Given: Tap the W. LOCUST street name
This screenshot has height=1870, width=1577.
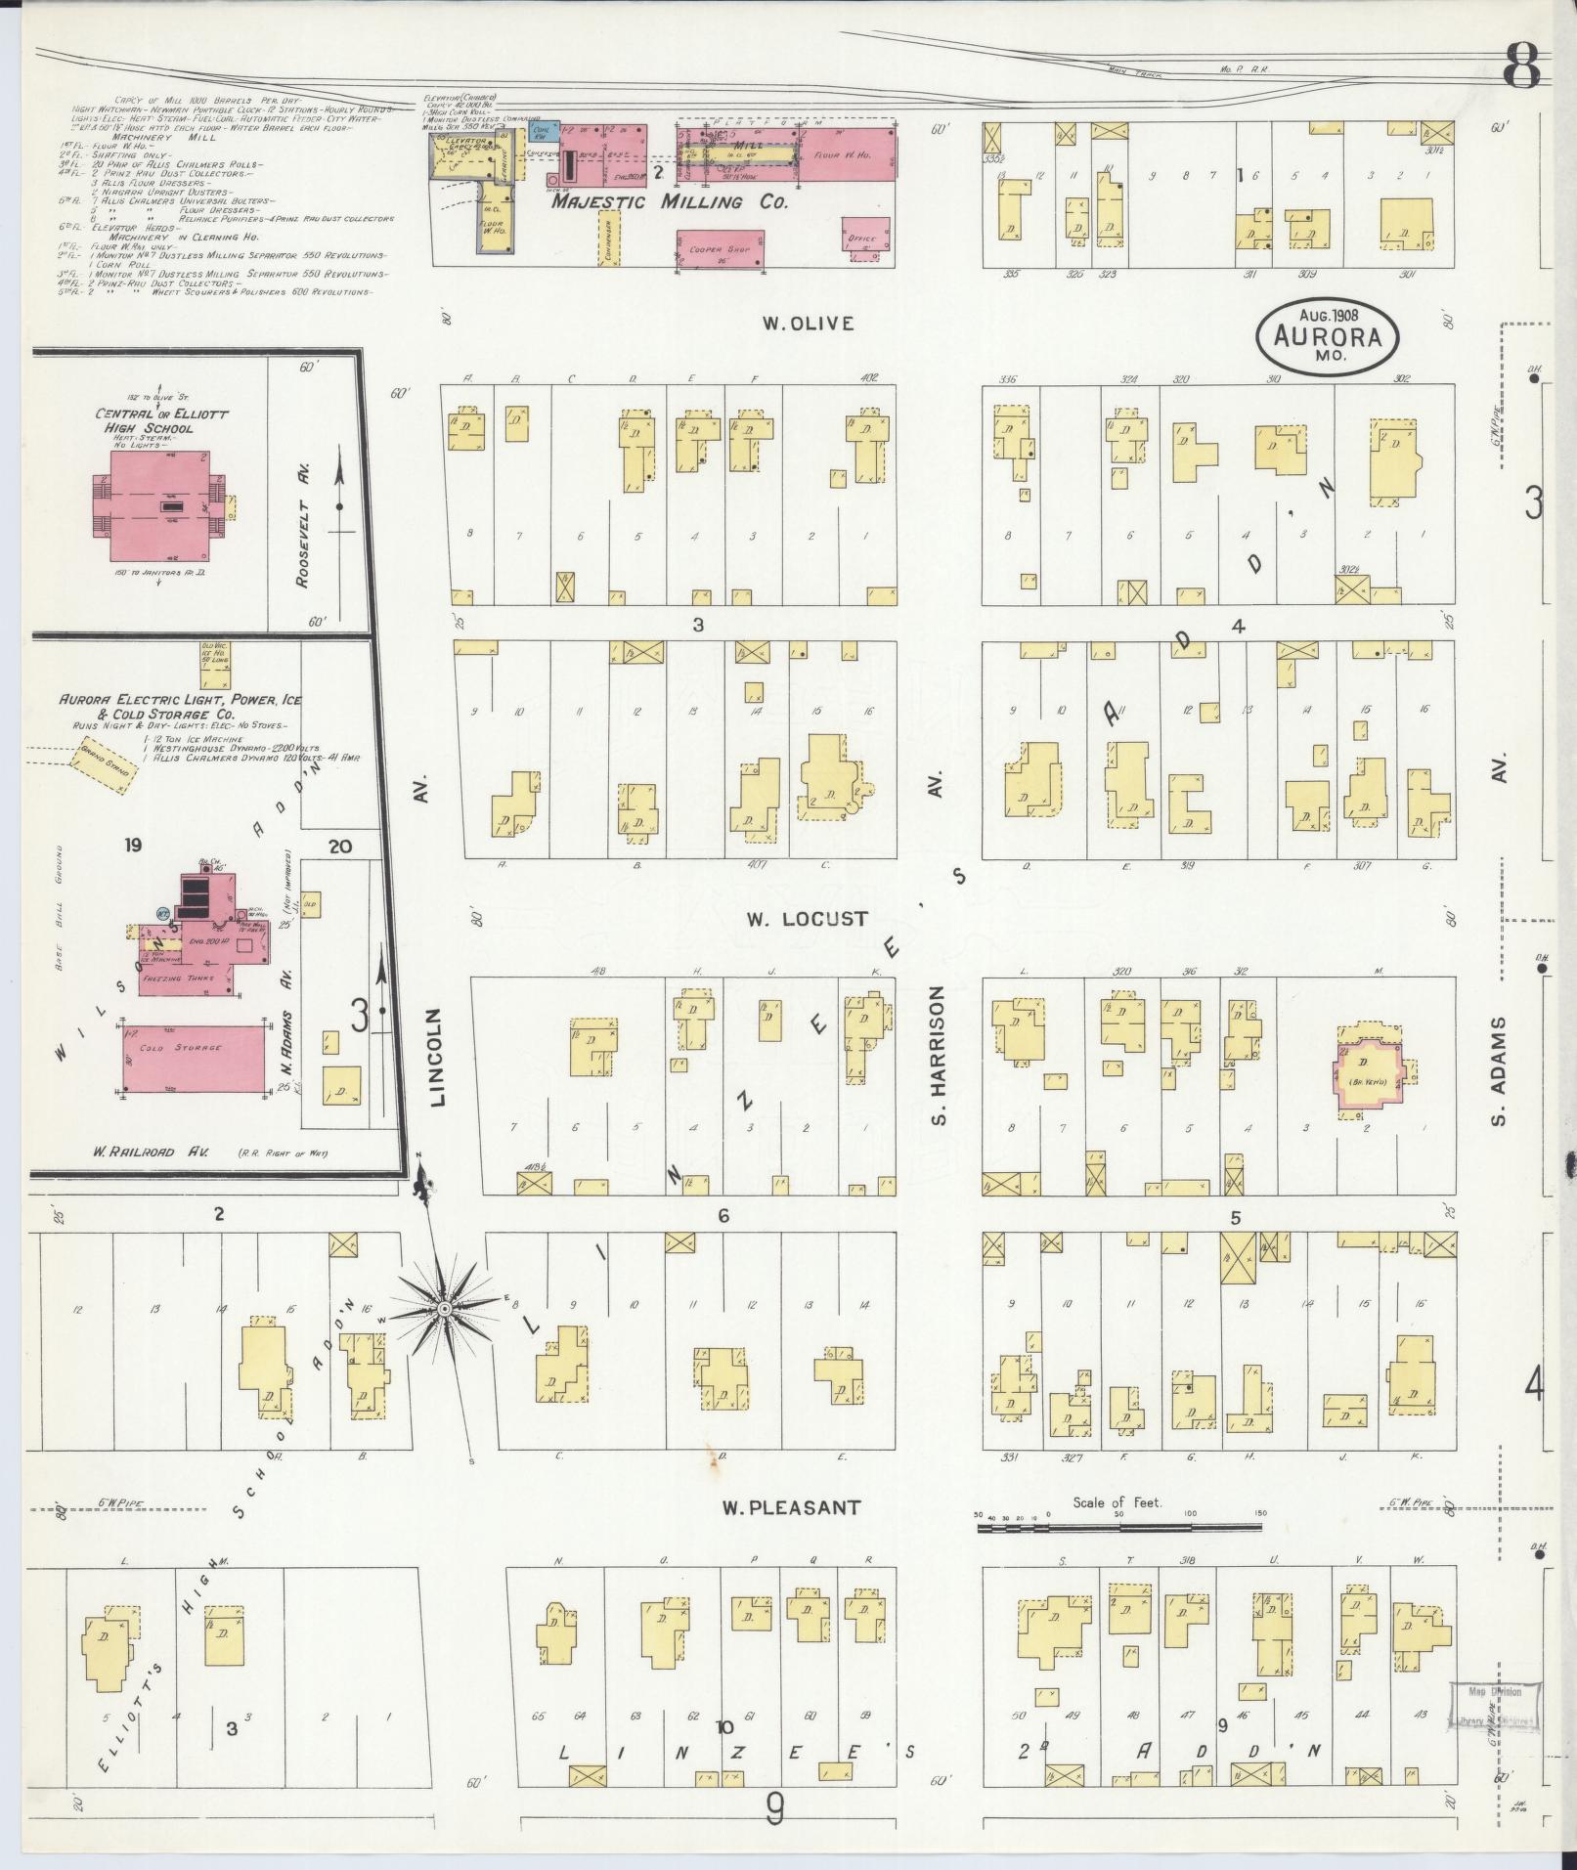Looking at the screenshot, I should (x=807, y=919).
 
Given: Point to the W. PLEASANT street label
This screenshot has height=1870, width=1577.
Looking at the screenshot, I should (x=791, y=1534).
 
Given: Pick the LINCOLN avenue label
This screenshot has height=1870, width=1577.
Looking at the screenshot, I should (x=436, y=1058).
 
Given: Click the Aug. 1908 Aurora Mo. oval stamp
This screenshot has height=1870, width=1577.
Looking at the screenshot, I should (x=1328, y=336).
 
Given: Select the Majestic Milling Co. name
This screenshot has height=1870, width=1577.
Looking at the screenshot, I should (x=669, y=203).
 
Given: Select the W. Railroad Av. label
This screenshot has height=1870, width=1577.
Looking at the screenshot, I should (x=145, y=1152).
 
